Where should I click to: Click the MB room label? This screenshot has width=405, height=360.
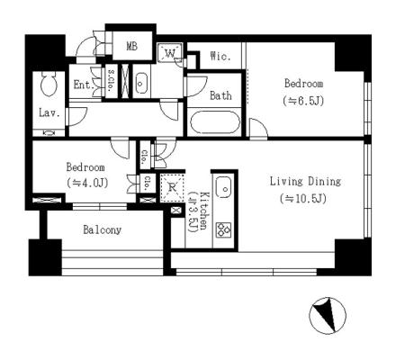131,46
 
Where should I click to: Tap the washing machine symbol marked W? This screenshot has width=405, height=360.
170,53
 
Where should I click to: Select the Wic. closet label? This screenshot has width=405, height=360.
220,56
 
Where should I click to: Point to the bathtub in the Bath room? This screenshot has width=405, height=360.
215,122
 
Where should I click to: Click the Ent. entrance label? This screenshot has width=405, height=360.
84,85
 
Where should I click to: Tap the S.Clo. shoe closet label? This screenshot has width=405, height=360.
111,80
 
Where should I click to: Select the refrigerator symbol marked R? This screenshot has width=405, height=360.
172,188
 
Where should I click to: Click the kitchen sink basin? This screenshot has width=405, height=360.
224,187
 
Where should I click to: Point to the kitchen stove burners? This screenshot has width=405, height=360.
224,229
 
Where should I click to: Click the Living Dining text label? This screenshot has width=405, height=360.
305,182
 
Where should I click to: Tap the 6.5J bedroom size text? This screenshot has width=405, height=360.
303,101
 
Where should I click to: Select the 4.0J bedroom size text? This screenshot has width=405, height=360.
87,183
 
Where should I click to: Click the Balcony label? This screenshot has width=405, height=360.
103,230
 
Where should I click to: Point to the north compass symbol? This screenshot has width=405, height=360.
328,316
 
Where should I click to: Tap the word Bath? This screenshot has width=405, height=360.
220,95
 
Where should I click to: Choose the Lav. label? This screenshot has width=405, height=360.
49,113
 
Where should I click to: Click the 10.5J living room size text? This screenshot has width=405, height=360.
303,199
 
